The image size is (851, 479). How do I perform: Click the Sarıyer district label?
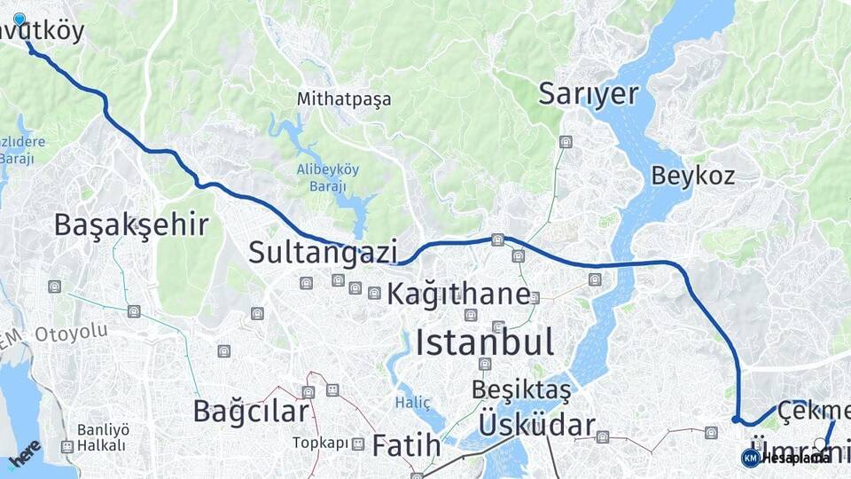(588, 94)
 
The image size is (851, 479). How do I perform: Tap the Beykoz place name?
(693, 175)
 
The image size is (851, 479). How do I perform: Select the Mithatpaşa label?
(344, 98)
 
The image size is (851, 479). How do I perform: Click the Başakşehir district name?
(131, 224)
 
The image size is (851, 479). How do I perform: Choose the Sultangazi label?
(323, 252)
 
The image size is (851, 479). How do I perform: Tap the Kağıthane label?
(458, 293)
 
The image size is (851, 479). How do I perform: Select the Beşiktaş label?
(521, 389)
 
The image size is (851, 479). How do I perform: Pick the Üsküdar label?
(536, 425)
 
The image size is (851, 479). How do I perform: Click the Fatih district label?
(406, 445)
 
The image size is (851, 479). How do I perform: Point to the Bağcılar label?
(251, 411)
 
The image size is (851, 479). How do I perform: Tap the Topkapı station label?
(316, 443)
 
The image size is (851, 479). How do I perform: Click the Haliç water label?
(412, 403)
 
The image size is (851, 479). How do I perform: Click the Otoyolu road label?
(71, 333)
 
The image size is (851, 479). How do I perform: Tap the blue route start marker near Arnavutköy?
(20, 19)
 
